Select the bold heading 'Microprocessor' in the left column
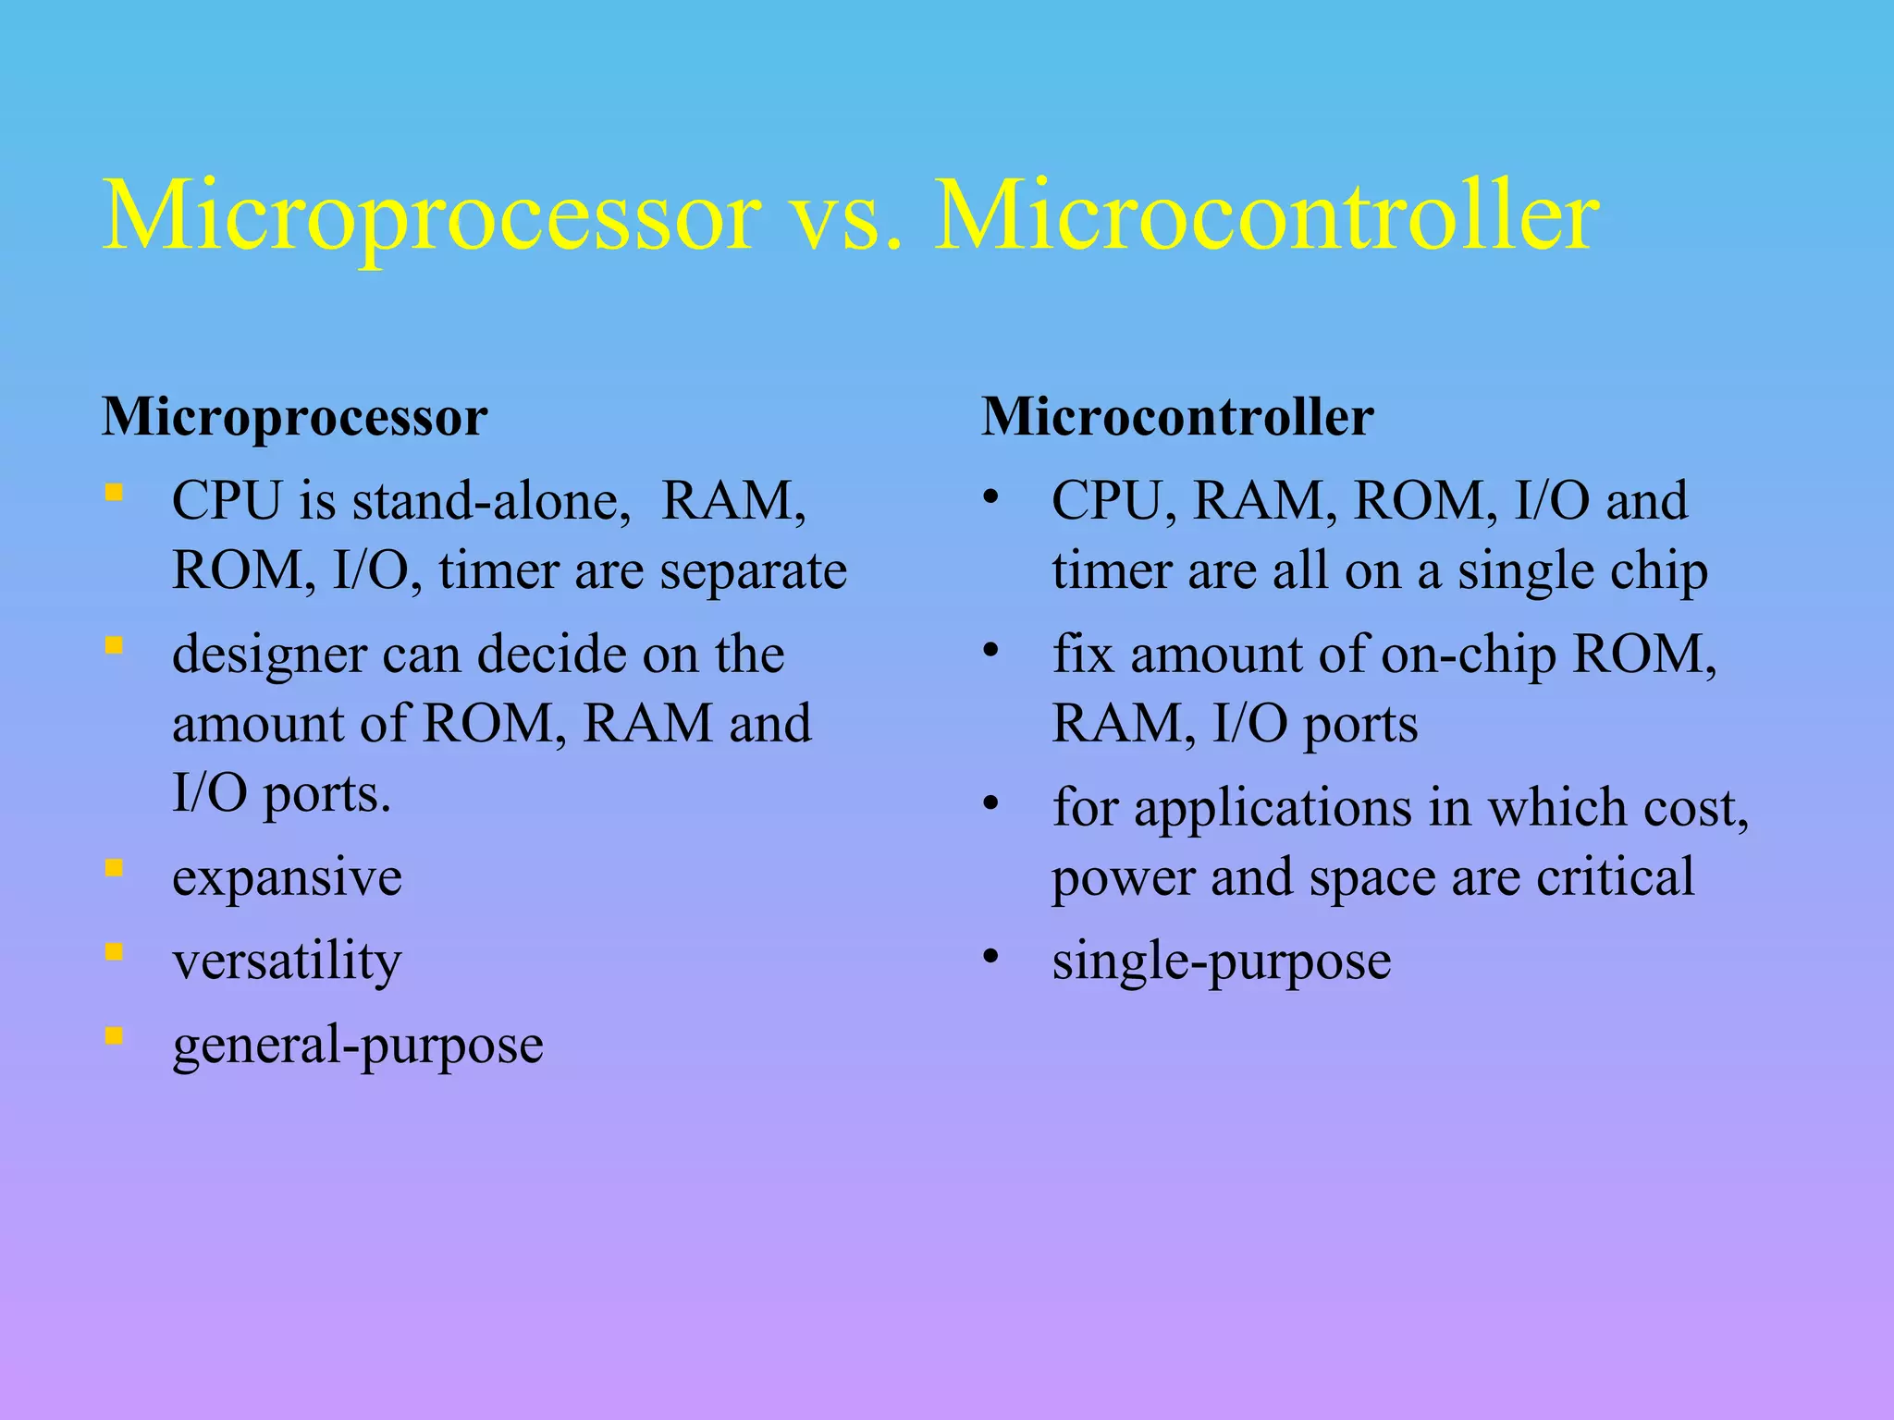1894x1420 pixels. click(x=294, y=417)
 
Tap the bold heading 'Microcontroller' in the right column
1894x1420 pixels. click(x=1177, y=417)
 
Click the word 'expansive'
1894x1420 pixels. click(x=287, y=877)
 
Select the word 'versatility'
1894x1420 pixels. click(x=287, y=961)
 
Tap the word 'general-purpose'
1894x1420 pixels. click(x=358, y=1046)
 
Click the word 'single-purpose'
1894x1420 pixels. click(x=1221, y=961)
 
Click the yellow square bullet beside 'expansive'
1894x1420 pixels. click(x=114, y=868)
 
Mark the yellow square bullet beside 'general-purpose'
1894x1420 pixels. click(x=114, y=1035)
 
